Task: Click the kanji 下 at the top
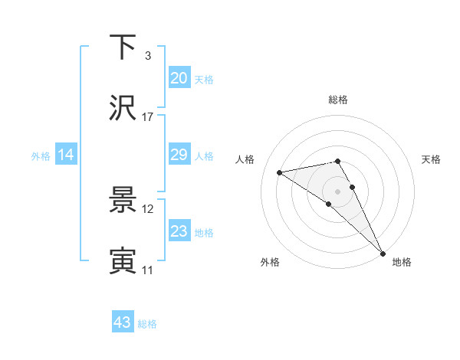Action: click(123, 47)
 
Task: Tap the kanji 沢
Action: click(123, 108)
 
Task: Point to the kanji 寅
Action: click(123, 261)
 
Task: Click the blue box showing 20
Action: click(179, 77)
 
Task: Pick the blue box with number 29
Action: click(179, 154)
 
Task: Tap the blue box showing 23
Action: click(179, 231)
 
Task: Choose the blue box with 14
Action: click(66, 155)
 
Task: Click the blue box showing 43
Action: click(123, 322)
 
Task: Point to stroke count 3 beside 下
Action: click(147, 56)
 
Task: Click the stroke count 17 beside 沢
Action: click(148, 117)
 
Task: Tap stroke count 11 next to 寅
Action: click(148, 270)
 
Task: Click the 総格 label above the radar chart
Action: click(337, 100)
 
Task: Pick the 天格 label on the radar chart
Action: click(431, 159)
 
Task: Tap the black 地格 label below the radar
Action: click(402, 262)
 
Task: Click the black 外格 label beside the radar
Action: click(270, 262)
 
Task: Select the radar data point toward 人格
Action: click(280, 172)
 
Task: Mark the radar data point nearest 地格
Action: click(383, 253)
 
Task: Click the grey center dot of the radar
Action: click(337, 191)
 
